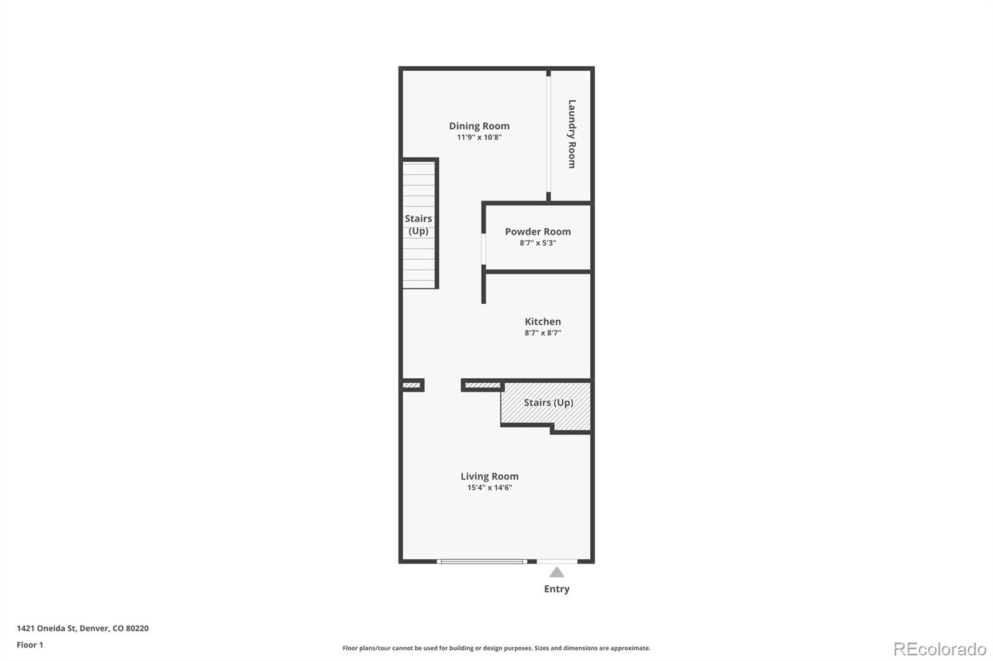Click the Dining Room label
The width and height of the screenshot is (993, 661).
tap(479, 126)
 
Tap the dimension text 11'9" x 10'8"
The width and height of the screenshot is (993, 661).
tap(479, 137)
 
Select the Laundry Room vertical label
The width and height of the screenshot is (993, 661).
tap(572, 134)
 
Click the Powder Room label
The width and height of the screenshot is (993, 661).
tap(537, 231)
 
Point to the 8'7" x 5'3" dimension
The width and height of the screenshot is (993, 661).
tap(537, 243)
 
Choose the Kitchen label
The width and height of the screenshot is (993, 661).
tap(542, 321)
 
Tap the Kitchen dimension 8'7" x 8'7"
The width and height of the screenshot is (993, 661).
tap(542, 333)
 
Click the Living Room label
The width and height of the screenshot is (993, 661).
tap(489, 476)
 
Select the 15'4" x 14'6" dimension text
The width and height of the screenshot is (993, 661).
tap(489, 488)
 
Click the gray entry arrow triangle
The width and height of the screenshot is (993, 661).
tap(557, 572)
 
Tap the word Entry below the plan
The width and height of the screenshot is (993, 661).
tap(557, 589)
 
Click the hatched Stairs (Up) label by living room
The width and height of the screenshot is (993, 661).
tap(548, 402)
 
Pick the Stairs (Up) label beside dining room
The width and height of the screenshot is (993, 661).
tap(418, 224)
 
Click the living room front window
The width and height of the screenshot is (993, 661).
tap(482, 562)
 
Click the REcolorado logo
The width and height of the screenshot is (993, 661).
tap(939, 649)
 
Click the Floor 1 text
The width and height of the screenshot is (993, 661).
tap(30, 645)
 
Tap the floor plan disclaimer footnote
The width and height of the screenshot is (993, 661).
tap(496, 648)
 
